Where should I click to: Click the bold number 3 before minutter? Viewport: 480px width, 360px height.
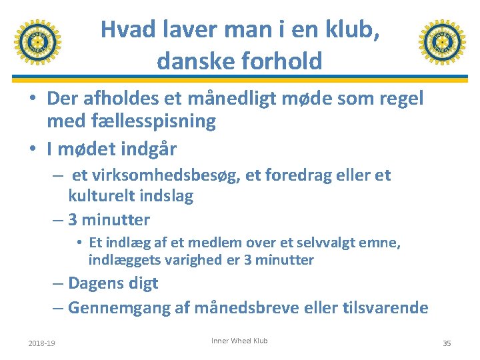73,219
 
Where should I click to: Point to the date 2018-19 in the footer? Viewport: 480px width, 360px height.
43,343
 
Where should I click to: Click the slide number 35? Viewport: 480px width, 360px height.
447,343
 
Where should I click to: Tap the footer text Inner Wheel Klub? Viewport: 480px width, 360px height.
239,341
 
